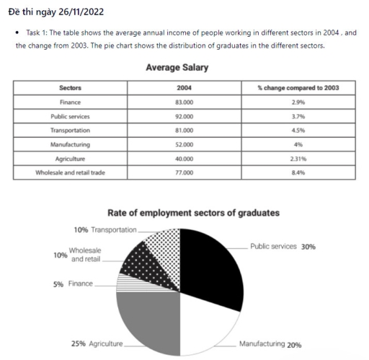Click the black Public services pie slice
213,267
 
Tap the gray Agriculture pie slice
148,321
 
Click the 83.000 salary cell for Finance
184,102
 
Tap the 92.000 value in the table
184,116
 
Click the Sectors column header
70,88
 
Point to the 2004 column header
184,88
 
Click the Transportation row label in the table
70,131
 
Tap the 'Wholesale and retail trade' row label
70,173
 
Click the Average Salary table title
177,68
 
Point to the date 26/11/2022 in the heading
71,9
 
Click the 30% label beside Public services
308,247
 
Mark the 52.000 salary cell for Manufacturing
184,145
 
